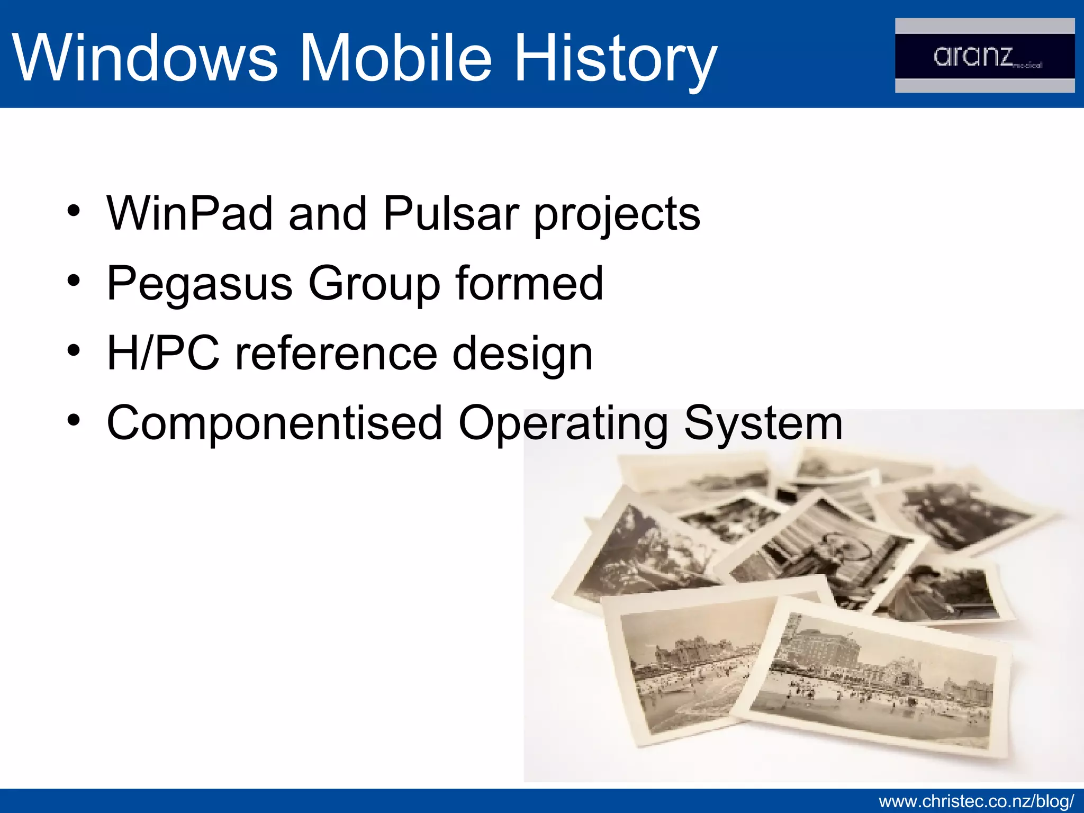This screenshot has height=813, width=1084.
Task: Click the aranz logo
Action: (x=984, y=56)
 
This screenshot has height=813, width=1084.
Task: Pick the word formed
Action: (x=529, y=283)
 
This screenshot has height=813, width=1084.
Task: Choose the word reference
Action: (x=336, y=353)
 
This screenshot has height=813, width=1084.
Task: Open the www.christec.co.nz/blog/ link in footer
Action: (x=976, y=801)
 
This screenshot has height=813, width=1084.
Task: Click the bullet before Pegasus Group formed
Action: (x=74, y=281)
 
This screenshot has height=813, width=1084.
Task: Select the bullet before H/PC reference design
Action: (x=74, y=350)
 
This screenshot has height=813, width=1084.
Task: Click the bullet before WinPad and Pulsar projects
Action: (x=74, y=211)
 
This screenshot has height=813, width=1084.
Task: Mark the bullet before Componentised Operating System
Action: (x=74, y=420)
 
